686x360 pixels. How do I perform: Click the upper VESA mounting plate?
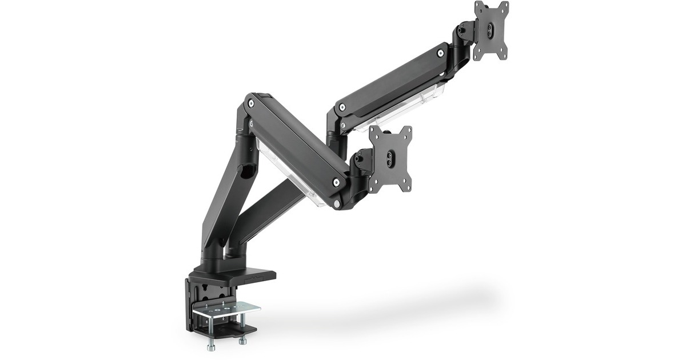491,30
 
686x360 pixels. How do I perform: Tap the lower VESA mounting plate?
390,159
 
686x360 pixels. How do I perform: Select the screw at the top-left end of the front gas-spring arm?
252,103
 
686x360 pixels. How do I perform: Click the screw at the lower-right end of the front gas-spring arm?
336,182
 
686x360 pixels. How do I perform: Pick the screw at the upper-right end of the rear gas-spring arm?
441,53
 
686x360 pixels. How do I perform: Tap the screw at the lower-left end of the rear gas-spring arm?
342,107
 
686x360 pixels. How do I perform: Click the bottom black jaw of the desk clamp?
226,330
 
